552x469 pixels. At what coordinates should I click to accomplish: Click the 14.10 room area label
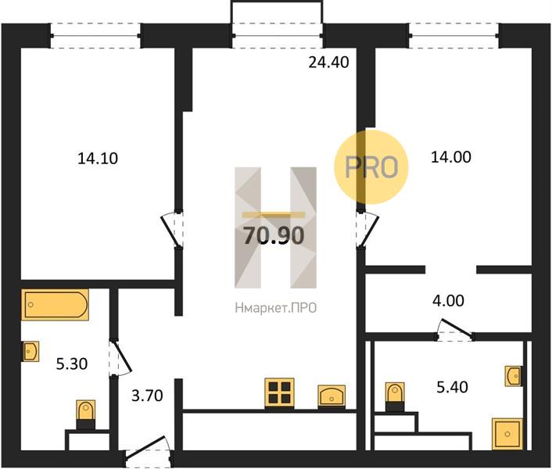click(x=98, y=159)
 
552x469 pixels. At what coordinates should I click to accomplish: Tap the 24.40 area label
click(x=329, y=63)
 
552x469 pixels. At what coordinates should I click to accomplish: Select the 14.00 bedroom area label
click(x=451, y=157)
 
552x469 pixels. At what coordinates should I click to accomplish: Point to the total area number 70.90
click(x=274, y=235)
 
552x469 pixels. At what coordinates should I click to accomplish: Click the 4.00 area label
click(x=448, y=301)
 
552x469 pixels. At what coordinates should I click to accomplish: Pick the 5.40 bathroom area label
click(x=453, y=387)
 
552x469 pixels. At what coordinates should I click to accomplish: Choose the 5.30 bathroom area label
click(x=72, y=363)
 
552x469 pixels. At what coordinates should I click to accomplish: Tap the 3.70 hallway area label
click(x=147, y=396)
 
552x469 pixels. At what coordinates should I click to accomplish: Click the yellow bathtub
click(x=55, y=305)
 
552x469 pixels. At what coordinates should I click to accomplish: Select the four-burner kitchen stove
click(x=280, y=393)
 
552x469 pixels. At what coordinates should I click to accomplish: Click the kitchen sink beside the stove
click(x=332, y=396)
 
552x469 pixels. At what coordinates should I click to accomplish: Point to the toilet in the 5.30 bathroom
click(x=85, y=414)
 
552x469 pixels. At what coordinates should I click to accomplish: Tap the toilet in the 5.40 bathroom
click(x=395, y=397)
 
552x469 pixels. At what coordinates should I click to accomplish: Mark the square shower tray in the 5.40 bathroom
click(x=507, y=434)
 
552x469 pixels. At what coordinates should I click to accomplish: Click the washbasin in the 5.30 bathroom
click(x=31, y=351)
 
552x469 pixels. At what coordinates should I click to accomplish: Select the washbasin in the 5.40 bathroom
click(x=513, y=376)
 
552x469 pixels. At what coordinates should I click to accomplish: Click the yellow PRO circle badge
click(x=371, y=166)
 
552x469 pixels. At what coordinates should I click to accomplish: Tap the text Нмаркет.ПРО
click(x=276, y=308)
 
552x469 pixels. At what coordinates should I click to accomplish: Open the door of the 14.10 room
click(x=173, y=230)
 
